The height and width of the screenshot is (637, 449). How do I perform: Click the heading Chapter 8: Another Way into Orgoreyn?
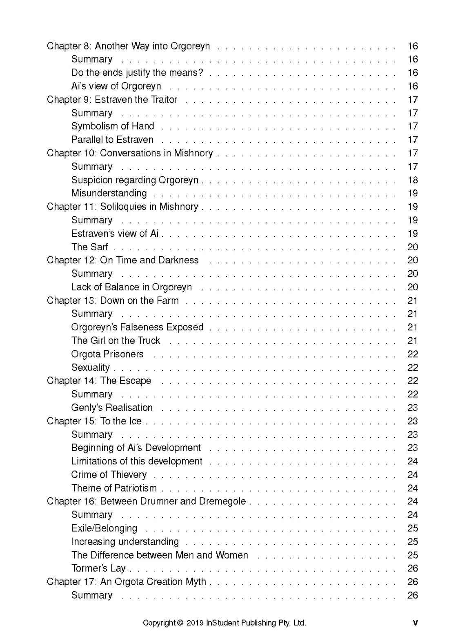pos(128,46)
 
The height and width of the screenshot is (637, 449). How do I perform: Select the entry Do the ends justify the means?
pos(137,73)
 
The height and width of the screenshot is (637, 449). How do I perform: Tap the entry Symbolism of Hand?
pos(112,126)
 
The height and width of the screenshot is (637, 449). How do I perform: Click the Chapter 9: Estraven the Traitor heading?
pos(112,100)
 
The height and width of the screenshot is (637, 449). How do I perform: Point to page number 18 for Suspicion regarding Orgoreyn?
pos(412,180)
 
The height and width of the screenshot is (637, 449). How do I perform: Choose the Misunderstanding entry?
pos(109,193)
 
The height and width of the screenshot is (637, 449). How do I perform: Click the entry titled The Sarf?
pos(89,247)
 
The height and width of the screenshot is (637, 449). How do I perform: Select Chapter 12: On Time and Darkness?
pos(122,260)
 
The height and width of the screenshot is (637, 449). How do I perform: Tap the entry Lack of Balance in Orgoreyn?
pos(131,287)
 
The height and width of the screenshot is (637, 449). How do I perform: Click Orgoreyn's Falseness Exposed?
pos(137,327)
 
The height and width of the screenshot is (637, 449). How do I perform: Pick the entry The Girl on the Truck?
pos(116,341)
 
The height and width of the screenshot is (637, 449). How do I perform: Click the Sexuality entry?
pos(90,367)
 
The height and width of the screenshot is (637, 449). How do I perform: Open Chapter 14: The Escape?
pos(99,381)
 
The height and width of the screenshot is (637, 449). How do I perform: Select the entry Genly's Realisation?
pos(111,408)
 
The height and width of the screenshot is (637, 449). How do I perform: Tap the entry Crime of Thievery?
pos(109,474)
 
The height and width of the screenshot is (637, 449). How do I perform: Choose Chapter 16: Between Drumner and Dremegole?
pos(146,501)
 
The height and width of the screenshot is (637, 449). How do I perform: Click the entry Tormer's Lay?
pos(98,568)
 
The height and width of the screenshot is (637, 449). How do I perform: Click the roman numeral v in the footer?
pos(415,623)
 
